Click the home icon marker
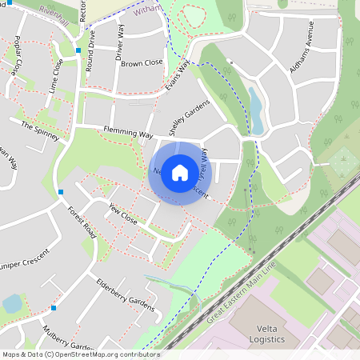tap(180, 172)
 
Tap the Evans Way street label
tap(180, 78)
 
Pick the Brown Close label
tap(142, 62)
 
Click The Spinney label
tap(40, 131)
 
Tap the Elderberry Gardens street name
tap(125, 294)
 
